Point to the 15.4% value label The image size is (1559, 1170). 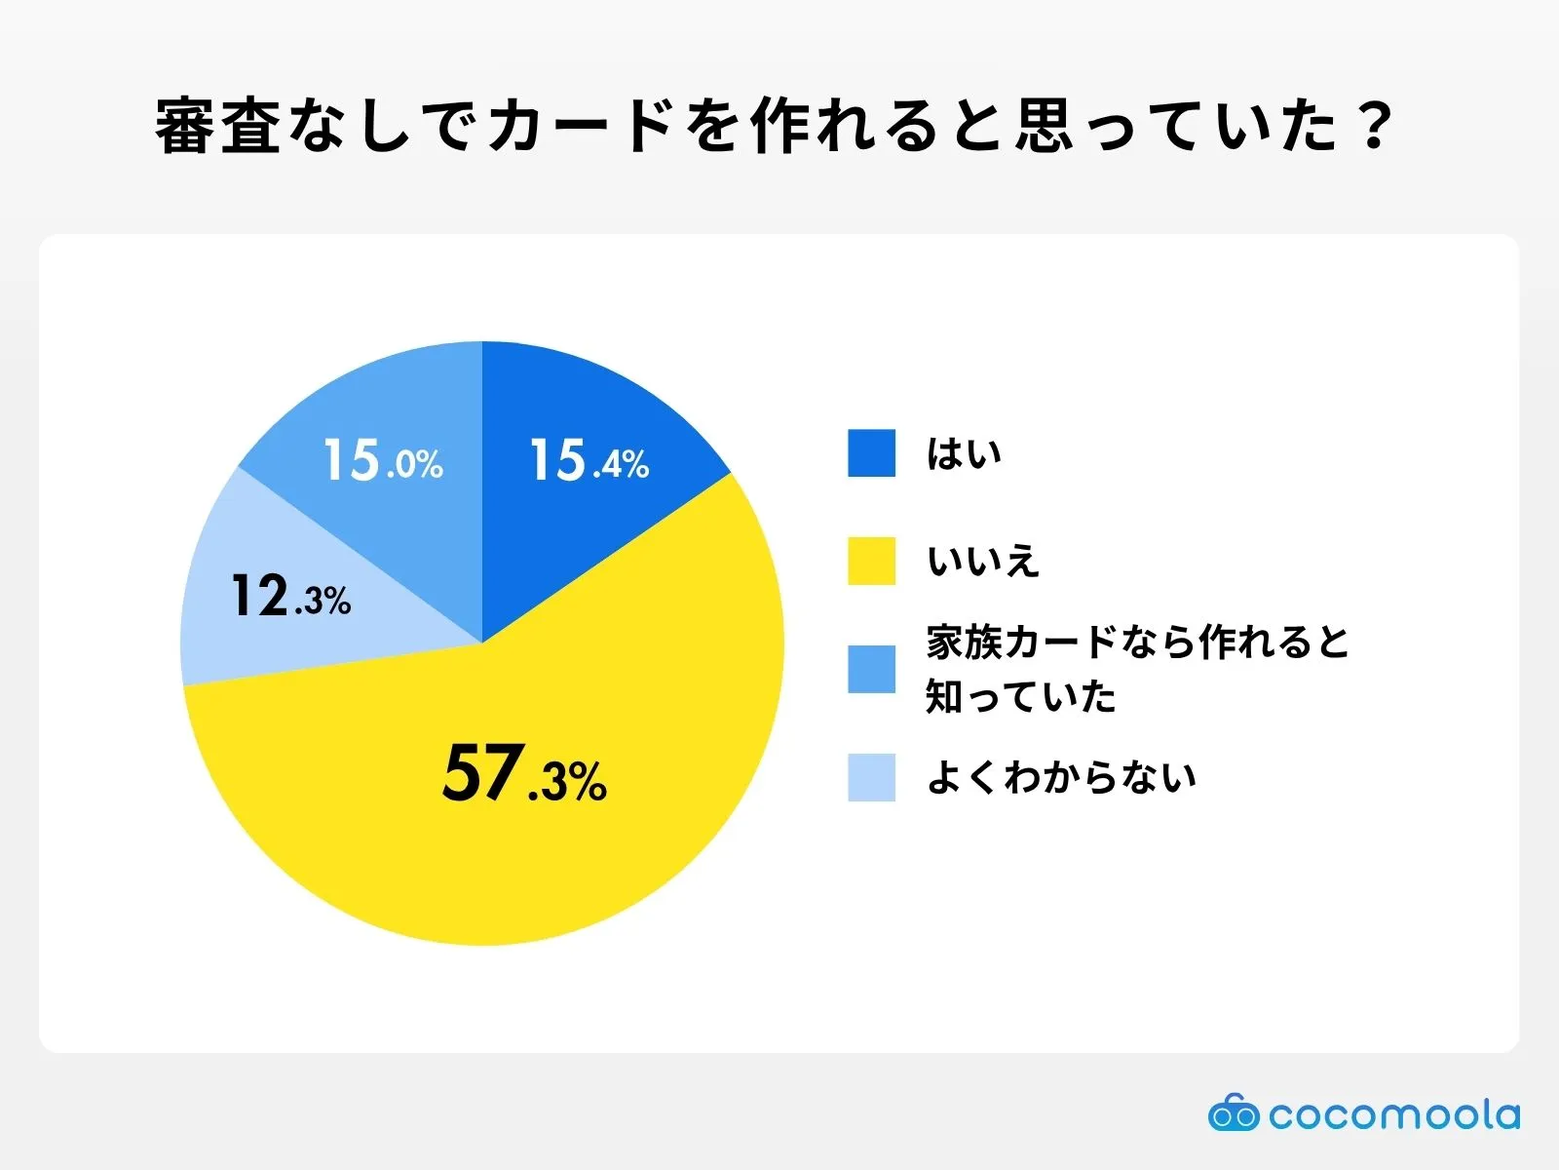(x=589, y=460)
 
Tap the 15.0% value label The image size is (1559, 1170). (x=383, y=460)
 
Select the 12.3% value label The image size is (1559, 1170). (x=290, y=597)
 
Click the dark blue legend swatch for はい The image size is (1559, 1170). (x=871, y=453)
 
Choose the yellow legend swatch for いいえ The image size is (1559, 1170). (x=871, y=561)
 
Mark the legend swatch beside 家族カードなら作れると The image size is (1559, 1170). (x=871, y=669)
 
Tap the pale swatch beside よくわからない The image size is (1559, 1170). (x=871, y=777)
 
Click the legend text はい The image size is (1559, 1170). (x=964, y=454)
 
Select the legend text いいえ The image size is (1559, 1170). (x=983, y=562)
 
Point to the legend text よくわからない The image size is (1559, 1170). (x=1061, y=778)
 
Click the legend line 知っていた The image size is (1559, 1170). (x=1020, y=697)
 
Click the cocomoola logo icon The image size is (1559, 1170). (x=1233, y=1113)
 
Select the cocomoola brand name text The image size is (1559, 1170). (x=1394, y=1114)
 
